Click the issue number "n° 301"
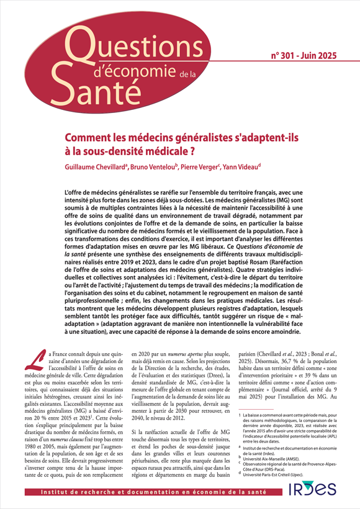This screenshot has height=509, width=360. pyautogui.click(x=285, y=56)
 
